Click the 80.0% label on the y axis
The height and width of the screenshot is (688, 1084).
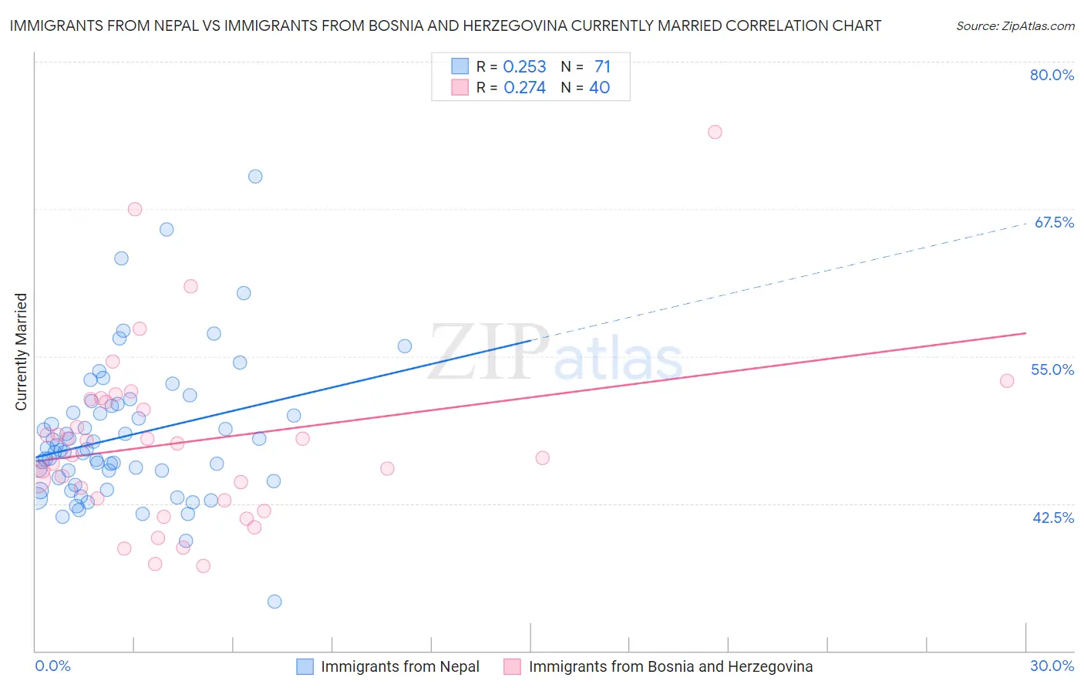tap(1052, 75)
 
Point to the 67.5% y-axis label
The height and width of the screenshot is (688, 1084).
tap(1054, 222)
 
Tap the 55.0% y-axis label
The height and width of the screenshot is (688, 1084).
tap(1052, 369)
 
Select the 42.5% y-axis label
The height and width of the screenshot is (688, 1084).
tap(1053, 518)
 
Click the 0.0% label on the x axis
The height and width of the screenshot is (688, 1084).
tap(52, 666)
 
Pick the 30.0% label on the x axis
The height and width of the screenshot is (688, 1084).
tap(1052, 666)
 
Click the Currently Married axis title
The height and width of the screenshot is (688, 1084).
tap(21, 352)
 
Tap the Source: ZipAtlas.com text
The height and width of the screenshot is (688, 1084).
tap(1015, 26)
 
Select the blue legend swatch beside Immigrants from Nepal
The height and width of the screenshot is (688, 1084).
tap(305, 666)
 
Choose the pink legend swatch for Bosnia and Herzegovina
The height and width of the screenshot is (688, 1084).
tap(513, 666)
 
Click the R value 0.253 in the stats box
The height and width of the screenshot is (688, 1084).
tap(524, 67)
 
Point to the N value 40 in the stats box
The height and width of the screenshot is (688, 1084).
tap(599, 88)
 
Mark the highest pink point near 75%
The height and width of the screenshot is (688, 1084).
tap(715, 132)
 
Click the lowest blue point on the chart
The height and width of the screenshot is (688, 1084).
tap(274, 602)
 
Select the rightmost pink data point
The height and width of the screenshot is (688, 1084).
tap(1006, 380)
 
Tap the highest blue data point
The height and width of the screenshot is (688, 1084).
tap(255, 177)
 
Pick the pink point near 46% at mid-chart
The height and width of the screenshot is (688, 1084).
tap(542, 458)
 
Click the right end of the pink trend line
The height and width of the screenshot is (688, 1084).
tap(1025, 333)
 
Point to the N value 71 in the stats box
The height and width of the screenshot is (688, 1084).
tap(602, 67)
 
